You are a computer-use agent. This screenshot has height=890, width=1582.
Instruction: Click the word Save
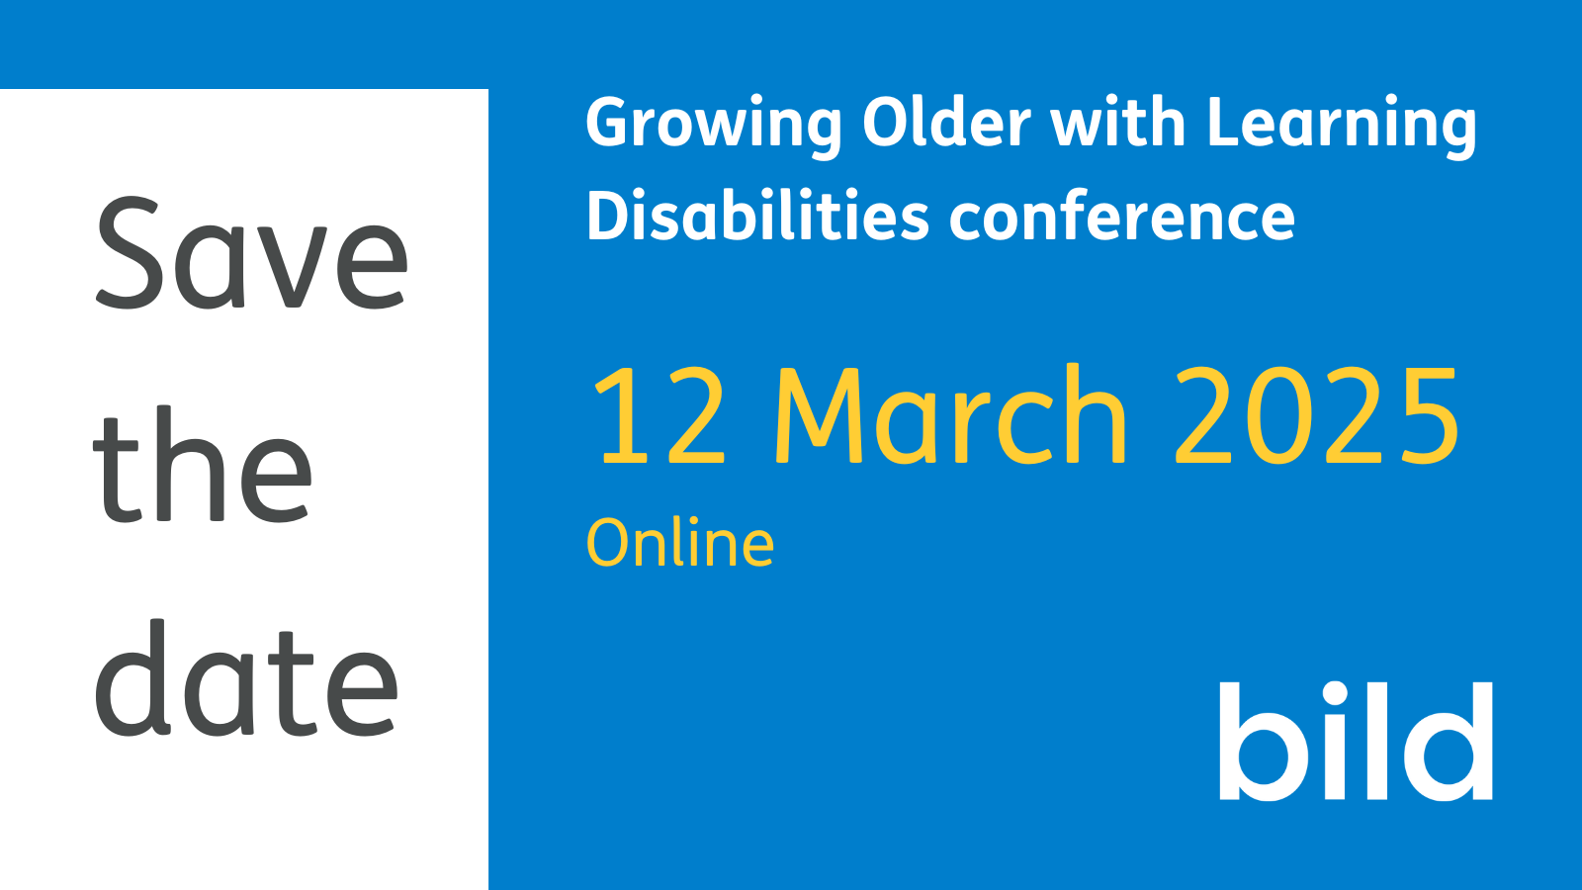pyautogui.click(x=251, y=253)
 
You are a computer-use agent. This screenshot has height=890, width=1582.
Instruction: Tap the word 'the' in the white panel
pyautogui.click(x=203, y=467)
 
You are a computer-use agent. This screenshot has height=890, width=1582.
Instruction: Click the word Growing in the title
pyautogui.click(x=713, y=125)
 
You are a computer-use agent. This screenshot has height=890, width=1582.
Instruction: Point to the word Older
pyautogui.click(x=946, y=123)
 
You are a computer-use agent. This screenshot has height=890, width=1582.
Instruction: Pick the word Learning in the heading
pyautogui.click(x=1342, y=125)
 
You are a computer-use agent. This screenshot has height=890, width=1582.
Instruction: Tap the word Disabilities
pyautogui.click(x=757, y=216)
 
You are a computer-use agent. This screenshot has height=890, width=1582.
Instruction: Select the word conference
pyautogui.click(x=1122, y=216)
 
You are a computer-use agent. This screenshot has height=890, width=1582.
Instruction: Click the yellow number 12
pyautogui.click(x=659, y=415)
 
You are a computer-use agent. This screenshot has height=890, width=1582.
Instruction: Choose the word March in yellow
pyautogui.click(x=950, y=415)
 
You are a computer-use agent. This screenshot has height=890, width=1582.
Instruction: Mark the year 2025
pyautogui.click(x=1317, y=415)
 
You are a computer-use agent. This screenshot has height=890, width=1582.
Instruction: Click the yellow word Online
pyautogui.click(x=680, y=543)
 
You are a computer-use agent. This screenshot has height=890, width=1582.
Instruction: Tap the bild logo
pyautogui.click(x=1356, y=741)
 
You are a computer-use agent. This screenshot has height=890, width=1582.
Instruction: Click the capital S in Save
pyautogui.click(x=129, y=253)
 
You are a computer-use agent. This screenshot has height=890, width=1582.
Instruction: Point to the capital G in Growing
pyautogui.click(x=609, y=123)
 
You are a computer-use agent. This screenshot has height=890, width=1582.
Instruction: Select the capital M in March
pyautogui.click(x=817, y=415)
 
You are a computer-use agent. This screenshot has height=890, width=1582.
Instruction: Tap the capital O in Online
pyautogui.click(x=609, y=543)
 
